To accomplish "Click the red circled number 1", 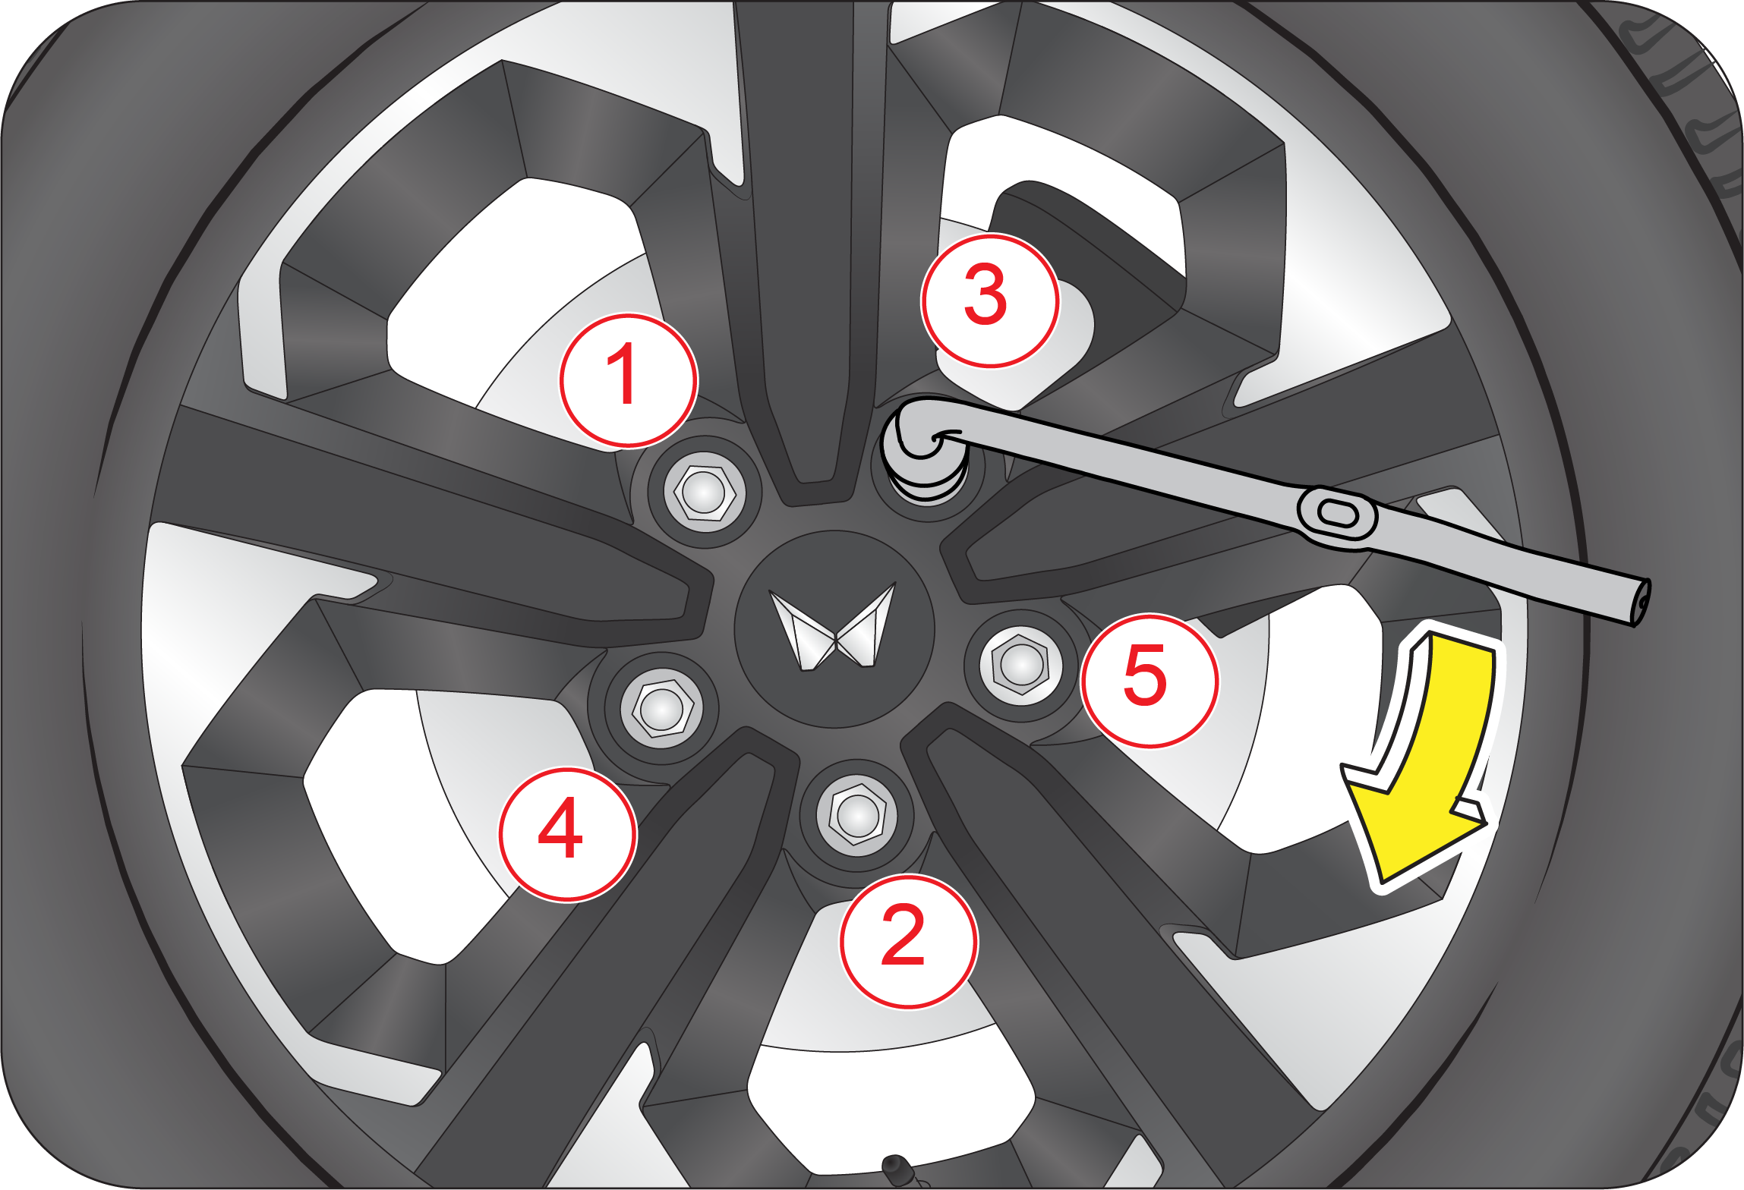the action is point(628,379).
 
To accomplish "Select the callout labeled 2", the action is point(908,942).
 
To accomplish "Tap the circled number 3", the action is point(989,301).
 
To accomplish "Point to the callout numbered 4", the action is point(567,834).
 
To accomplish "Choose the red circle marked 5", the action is point(1149,681).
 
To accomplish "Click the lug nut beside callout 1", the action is point(704,492).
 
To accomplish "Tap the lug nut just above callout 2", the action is point(856,817).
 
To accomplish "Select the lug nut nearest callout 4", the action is point(661,708).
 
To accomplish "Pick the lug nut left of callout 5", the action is point(1020,666).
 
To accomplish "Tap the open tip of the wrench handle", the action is point(1642,603).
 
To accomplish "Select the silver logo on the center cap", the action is point(834,627).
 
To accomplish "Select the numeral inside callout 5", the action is point(1145,675).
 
